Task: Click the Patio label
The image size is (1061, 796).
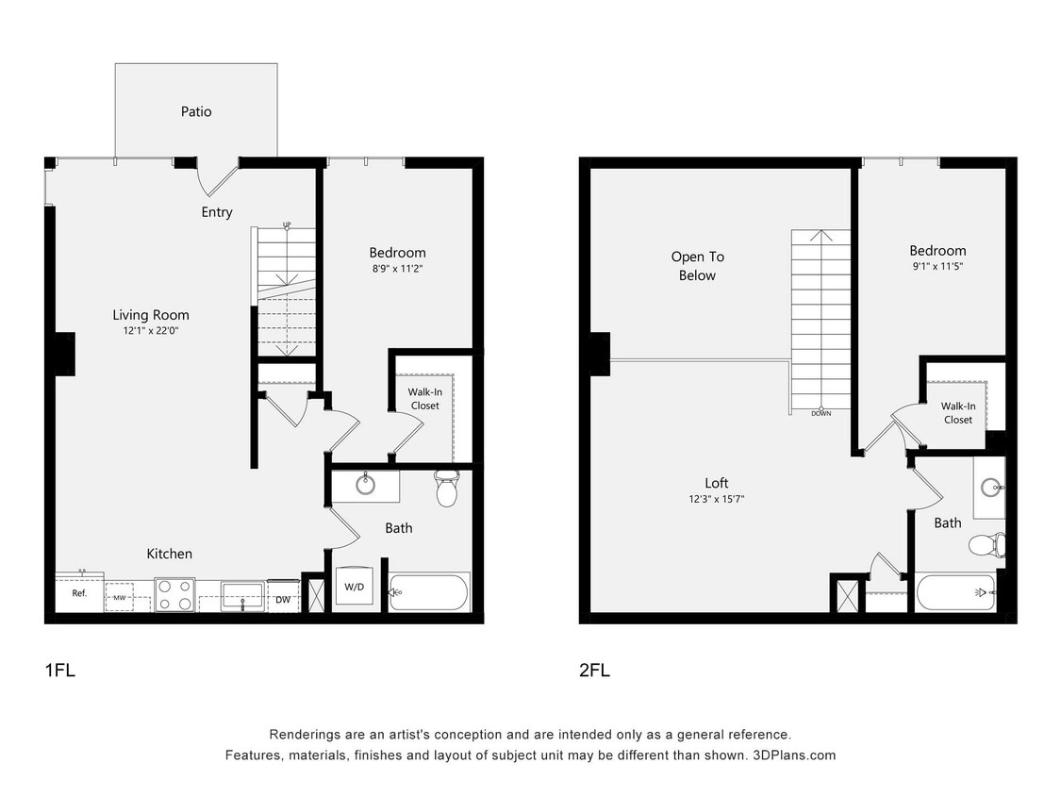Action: click(x=196, y=111)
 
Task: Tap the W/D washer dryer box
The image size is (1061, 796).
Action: click(x=354, y=587)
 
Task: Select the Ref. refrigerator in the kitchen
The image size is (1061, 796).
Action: click(x=79, y=593)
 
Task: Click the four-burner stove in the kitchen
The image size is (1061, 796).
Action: click(x=174, y=594)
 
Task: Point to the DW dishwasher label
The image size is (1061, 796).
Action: click(x=283, y=599)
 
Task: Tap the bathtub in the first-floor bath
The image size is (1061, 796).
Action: click(x=428, y=592)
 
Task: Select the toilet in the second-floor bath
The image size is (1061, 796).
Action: click(x=986, y=544)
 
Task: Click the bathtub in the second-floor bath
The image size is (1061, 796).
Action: click(x=955, y=593)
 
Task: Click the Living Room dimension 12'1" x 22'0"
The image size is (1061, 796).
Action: click(x=151, y=332)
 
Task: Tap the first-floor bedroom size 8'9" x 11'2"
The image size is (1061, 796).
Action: click(x=397, y=268)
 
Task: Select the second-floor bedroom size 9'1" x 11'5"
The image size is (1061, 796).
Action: click(x=937, y=266)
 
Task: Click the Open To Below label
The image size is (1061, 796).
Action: click(x=697, y=266)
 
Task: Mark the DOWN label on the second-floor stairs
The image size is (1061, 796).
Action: click(x=821, y=413)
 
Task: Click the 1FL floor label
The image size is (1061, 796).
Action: click(x=59, y=671)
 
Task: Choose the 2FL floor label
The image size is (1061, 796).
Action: click(x=594, y=671)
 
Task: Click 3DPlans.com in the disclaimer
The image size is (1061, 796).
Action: click(x=794, y=755)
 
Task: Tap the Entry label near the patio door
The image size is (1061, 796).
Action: click(x=216, y=212)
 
